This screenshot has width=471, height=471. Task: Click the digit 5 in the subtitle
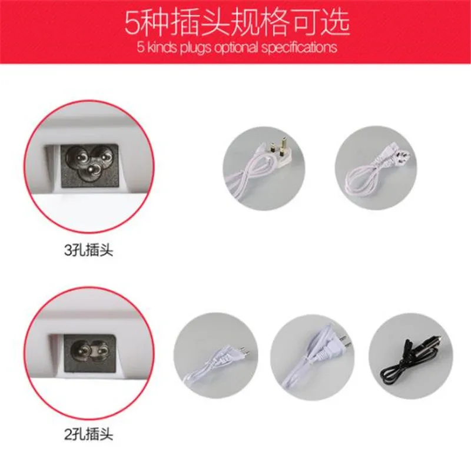coord(137,48)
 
